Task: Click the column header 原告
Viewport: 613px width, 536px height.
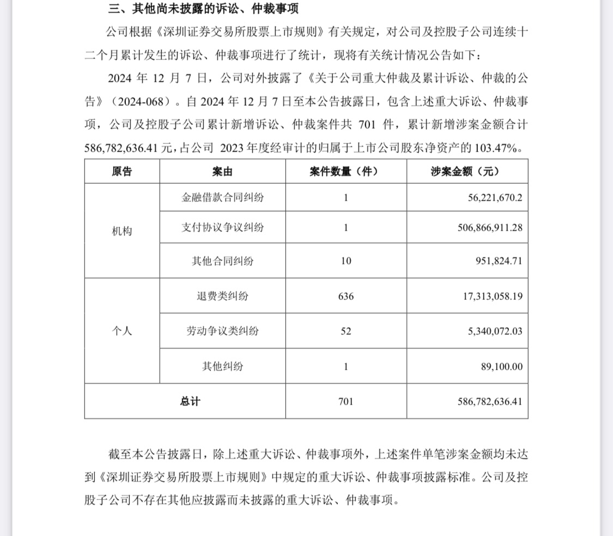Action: coord(122,171)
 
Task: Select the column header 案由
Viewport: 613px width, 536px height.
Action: coord(222,171)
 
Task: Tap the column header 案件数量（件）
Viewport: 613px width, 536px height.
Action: coord(345,171)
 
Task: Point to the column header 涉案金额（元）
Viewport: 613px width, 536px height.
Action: coord(466,171)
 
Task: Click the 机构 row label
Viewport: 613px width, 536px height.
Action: coord(122,231)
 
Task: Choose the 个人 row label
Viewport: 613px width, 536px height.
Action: coord(122,330)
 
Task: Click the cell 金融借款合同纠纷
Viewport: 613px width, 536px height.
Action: coord(222,197)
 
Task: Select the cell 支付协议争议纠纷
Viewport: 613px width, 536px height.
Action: coord(222,227)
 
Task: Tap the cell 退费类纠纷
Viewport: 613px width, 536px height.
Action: coord(222,296)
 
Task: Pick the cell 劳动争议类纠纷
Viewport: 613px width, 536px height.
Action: coord(222,331)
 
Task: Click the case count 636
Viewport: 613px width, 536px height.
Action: coord(345,297)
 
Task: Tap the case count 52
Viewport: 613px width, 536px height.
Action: coord(345,331)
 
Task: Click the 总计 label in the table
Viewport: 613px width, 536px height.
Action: coord(190,401)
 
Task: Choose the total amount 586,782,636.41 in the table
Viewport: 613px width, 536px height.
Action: coord(482,401)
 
